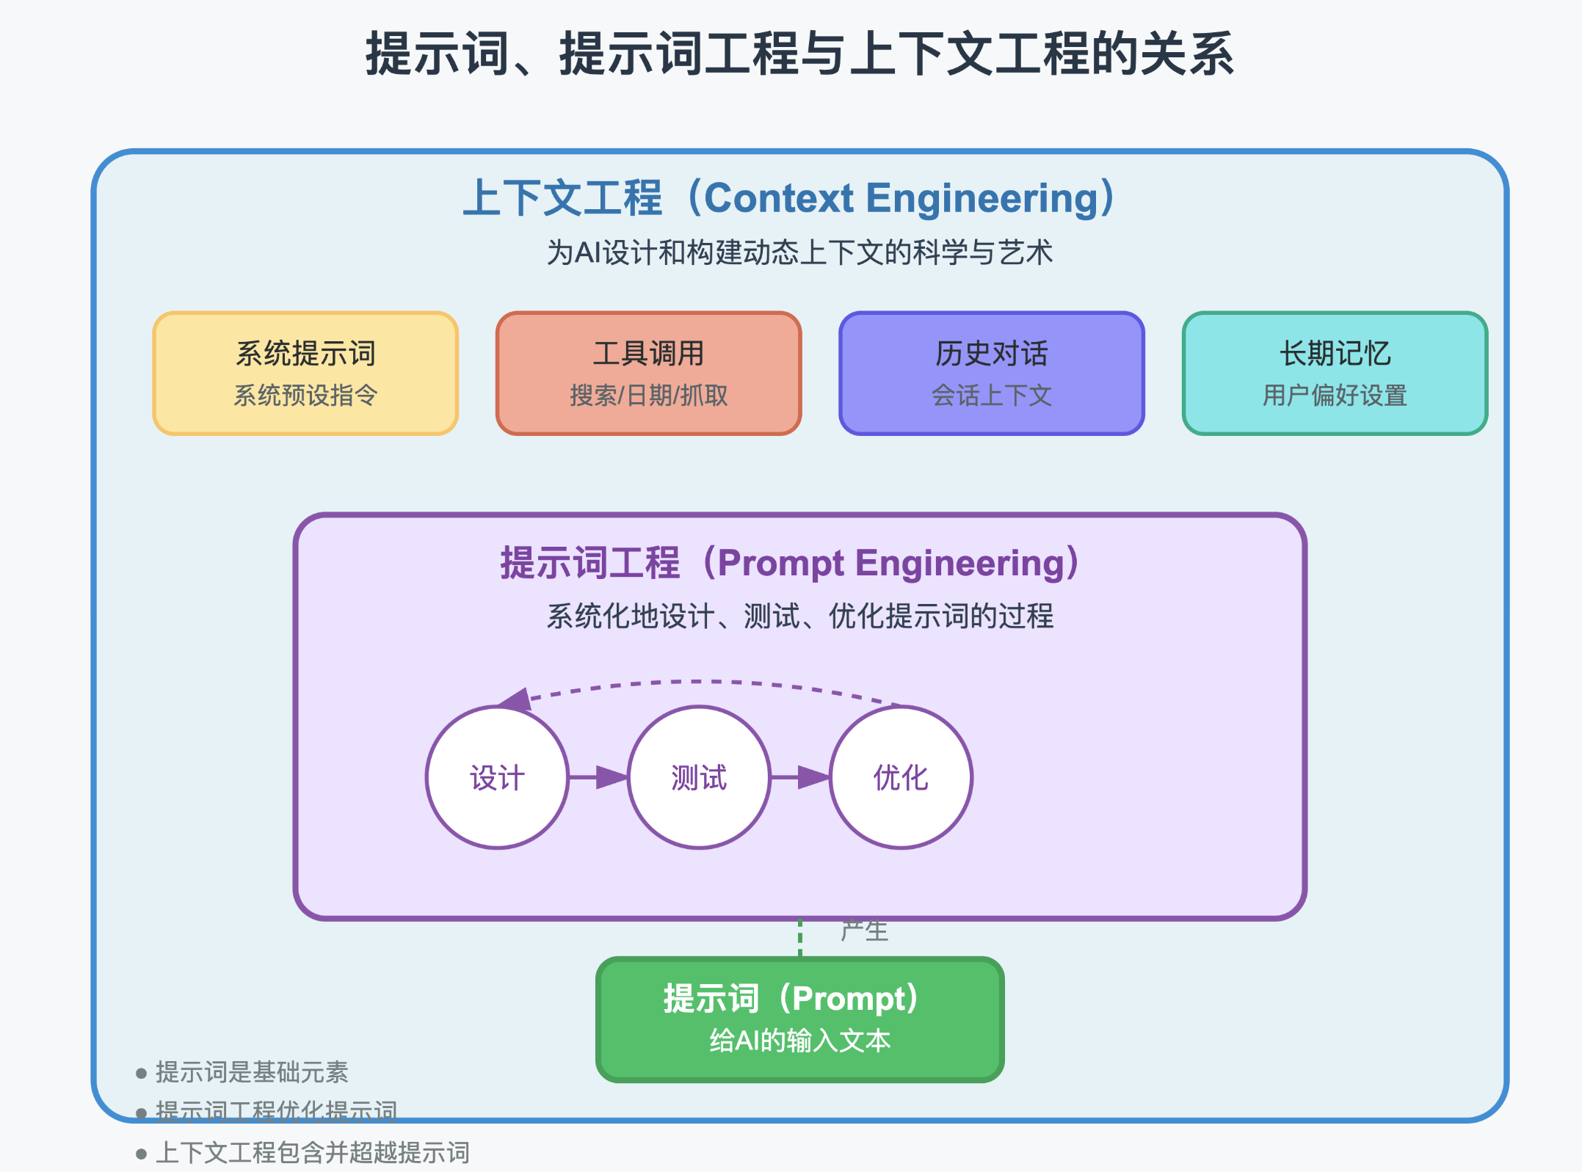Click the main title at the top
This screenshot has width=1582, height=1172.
point(799,54)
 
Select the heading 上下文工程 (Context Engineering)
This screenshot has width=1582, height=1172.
point(790,198)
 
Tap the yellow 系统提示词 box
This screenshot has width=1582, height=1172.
point(305,373)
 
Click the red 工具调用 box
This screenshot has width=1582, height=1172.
point(648,373)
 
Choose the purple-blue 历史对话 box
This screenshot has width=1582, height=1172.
point(991,373)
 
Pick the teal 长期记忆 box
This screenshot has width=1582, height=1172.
point(1335,373)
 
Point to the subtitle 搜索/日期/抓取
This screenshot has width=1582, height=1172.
point(648,396)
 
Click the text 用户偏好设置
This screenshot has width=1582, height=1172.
point(1335,396)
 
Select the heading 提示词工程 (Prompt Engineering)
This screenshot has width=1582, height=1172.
point(790,563)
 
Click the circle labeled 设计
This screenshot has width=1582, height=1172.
point(497,777)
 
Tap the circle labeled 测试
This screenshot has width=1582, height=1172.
point(699,777)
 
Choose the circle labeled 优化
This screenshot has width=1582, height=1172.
point(901,777)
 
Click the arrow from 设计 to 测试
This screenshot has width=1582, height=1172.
point(598,777)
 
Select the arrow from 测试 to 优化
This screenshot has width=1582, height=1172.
point(799,777)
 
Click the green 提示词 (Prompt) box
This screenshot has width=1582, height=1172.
point(799,1019)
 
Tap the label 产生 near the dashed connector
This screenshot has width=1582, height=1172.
point(864,931)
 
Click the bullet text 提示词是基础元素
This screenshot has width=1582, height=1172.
point(252,1072)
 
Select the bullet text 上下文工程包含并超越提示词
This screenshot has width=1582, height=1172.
point(312,1153)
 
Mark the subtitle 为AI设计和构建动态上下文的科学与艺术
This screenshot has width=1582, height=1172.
point(799,252)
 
